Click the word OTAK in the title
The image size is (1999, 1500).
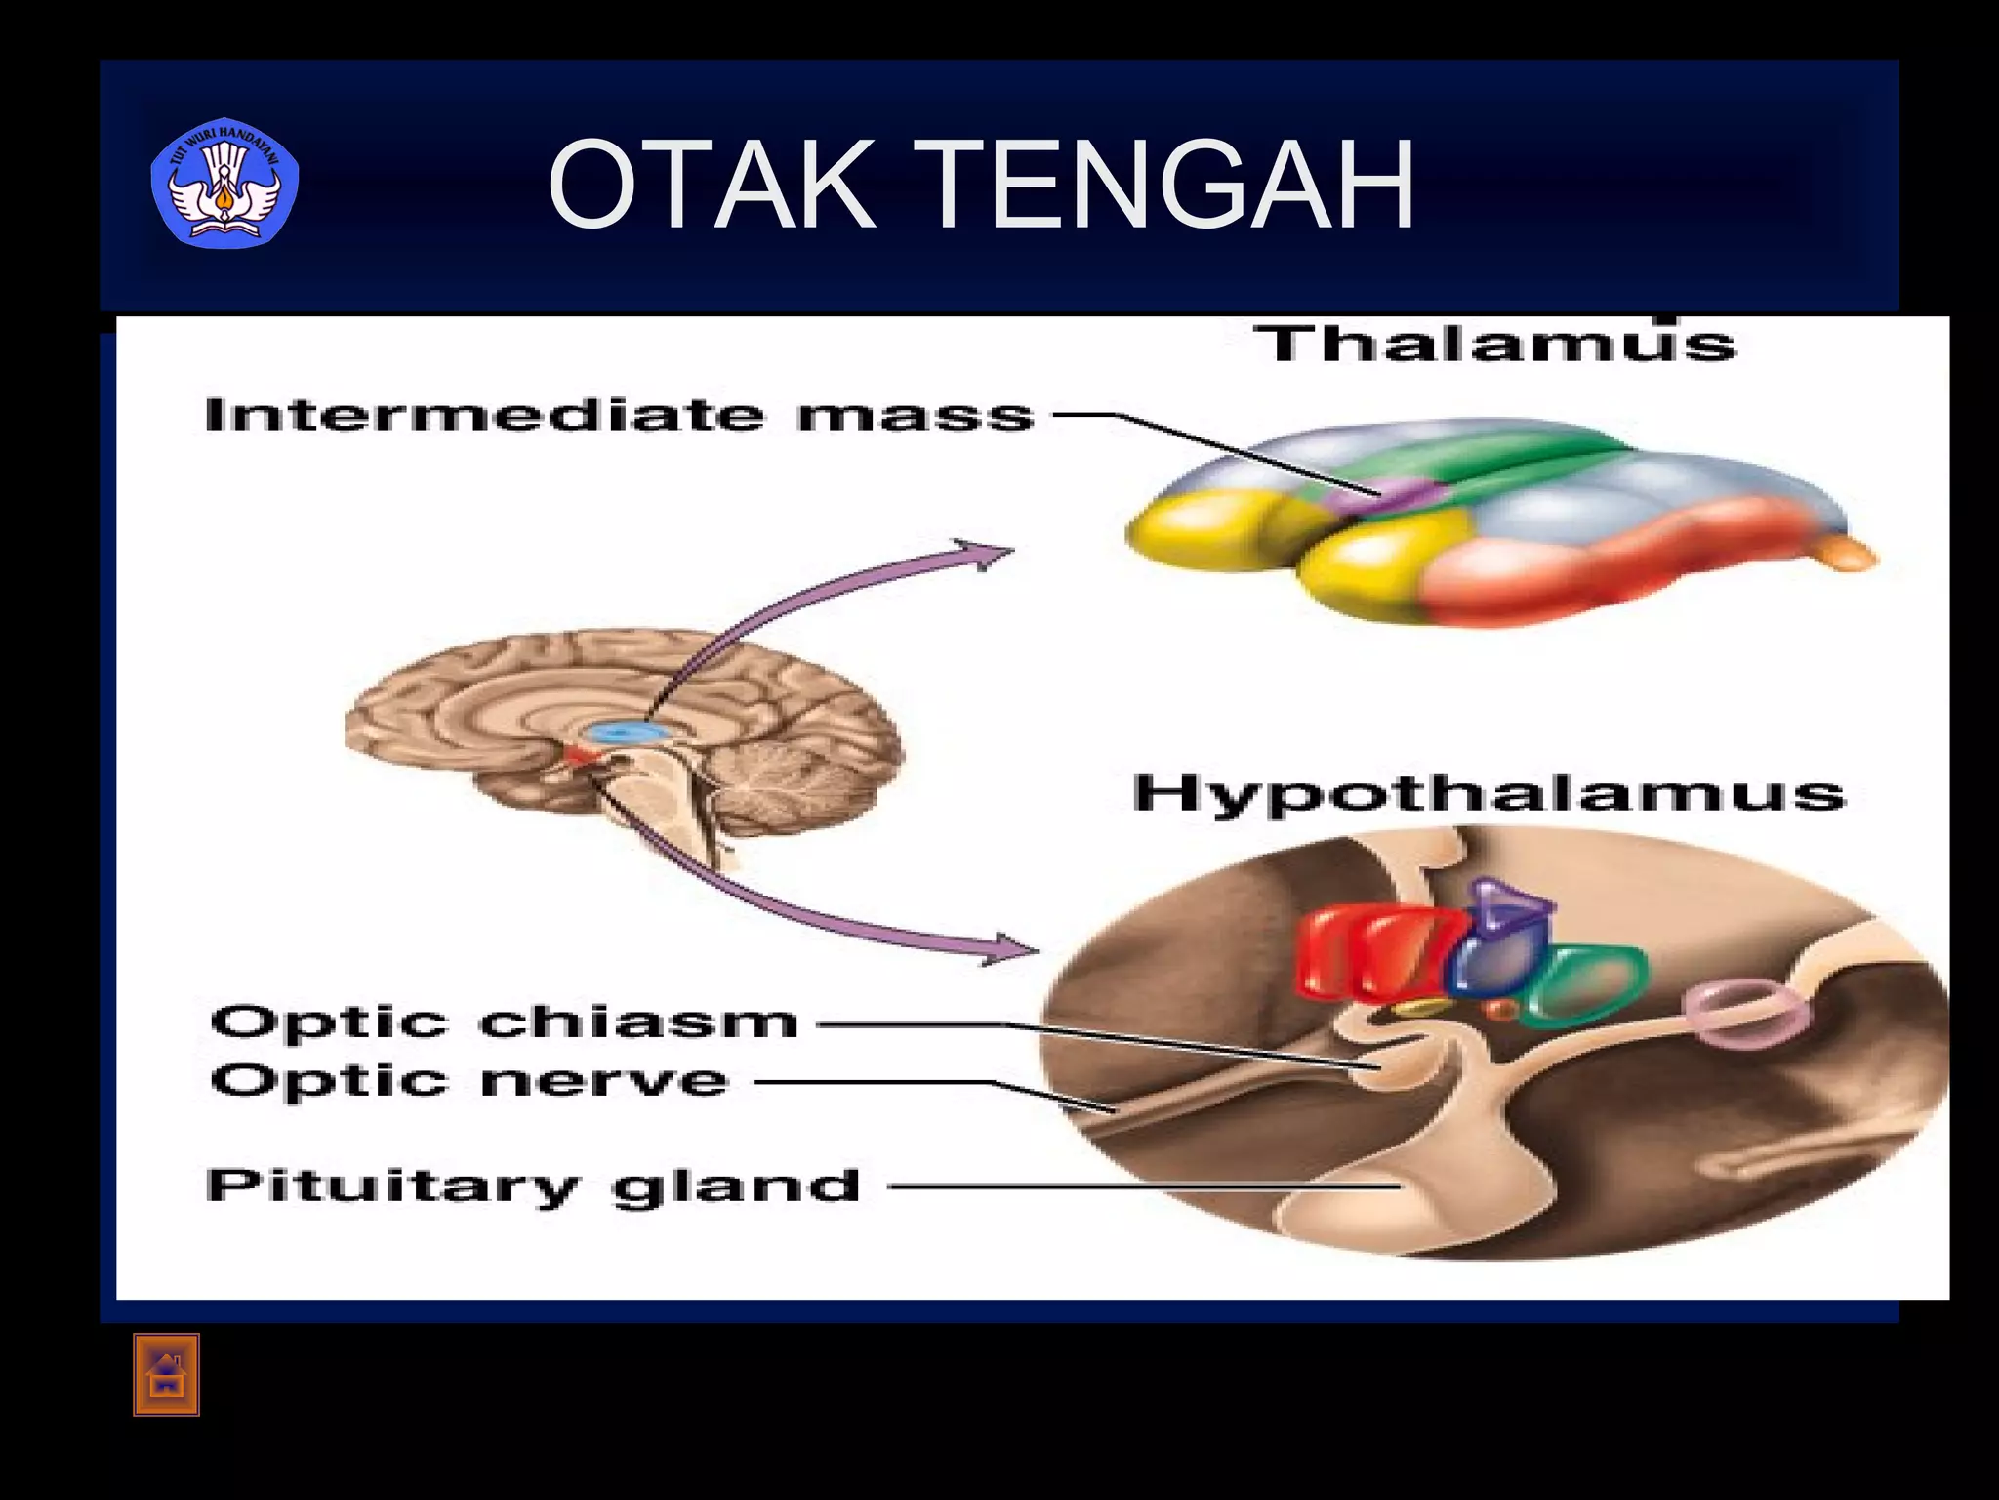click(711, 185)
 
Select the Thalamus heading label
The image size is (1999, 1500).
click(1493, 345)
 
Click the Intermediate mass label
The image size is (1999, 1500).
click(619, 416)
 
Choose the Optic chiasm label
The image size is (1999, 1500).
click(504, 1022)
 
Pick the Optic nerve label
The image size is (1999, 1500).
click(469, 1081)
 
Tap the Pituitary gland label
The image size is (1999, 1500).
click(533, 1187)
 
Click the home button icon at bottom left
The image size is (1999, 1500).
click(166, 1375)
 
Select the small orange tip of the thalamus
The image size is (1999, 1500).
click(1848, 556)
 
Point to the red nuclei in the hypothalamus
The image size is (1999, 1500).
click(1367, 952)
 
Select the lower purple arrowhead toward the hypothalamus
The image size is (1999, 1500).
click(1010, 947)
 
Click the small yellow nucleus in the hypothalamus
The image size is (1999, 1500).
click(1423, 1006)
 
